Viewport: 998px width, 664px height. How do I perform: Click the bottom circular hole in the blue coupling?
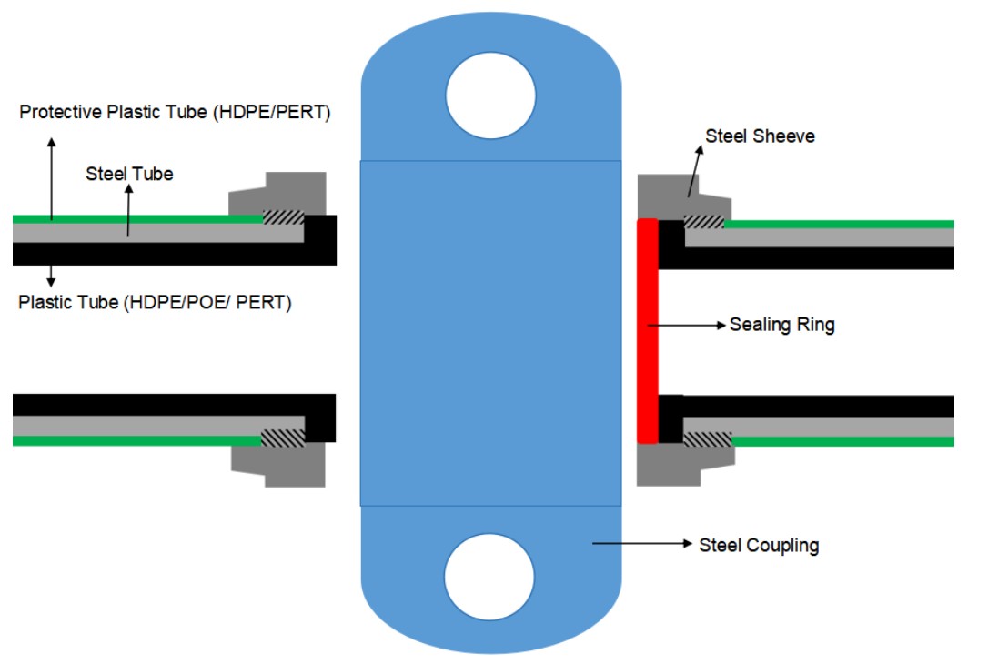pos(489,578)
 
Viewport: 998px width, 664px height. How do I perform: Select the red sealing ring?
pos(647,331)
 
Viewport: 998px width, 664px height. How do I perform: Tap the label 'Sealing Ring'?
pos(781,325)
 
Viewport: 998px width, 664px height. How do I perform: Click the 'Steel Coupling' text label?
pos(759,546)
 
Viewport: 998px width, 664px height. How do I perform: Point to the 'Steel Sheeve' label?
pos(760,136)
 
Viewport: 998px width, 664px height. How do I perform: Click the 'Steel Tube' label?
pos(129,174)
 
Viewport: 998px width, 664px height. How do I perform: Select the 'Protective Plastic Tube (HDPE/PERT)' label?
pos(175,113)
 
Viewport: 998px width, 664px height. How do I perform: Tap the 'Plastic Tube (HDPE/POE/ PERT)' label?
pos(155,302)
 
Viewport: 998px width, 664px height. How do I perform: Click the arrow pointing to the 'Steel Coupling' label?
pos(642,544)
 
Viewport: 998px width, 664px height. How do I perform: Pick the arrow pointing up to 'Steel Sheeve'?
pos(695,173)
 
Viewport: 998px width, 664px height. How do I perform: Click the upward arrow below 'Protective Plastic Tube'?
pos(51,176)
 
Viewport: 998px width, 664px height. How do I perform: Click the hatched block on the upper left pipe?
pos(282,219)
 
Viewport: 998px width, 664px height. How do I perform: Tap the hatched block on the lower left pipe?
pos(282,438)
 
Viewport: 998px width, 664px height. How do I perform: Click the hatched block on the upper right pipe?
pos(702,222)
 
